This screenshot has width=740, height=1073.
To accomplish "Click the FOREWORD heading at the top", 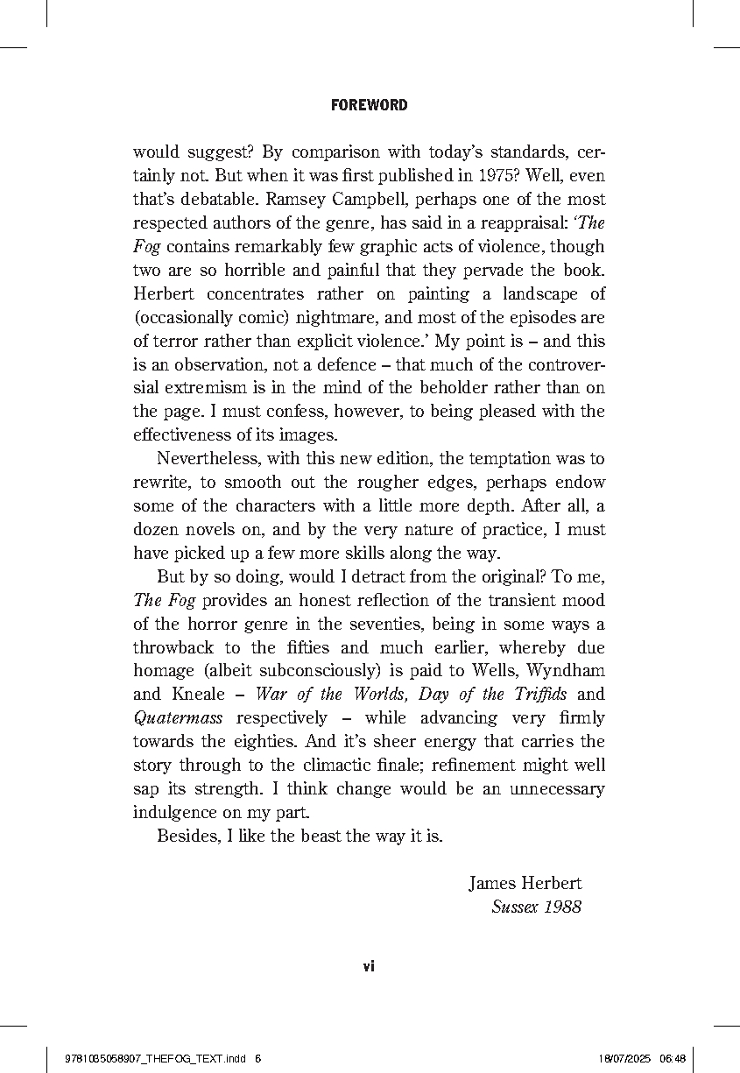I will tap(370, 105).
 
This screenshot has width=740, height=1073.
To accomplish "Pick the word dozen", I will tap(155, 530).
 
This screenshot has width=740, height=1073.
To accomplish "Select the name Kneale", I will tap(203, 695).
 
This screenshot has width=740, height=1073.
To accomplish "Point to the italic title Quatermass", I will tap(178, 718).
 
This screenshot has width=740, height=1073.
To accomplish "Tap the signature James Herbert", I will tap(525, 884).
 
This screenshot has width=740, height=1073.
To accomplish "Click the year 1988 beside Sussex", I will tap(561, 907).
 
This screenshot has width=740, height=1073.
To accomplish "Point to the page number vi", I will tap(369, 966).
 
